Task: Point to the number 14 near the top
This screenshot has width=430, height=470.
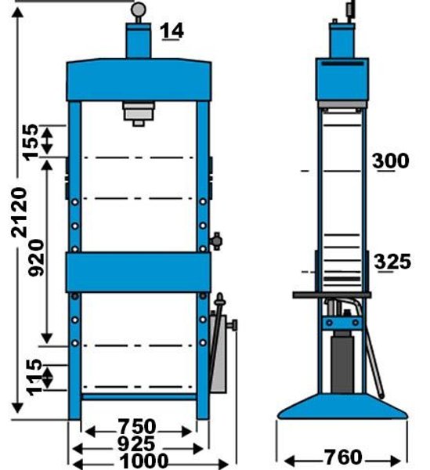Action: [172, 31]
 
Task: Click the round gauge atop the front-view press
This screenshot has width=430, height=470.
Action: [139, 9]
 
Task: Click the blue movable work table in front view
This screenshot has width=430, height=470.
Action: [138, 272]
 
